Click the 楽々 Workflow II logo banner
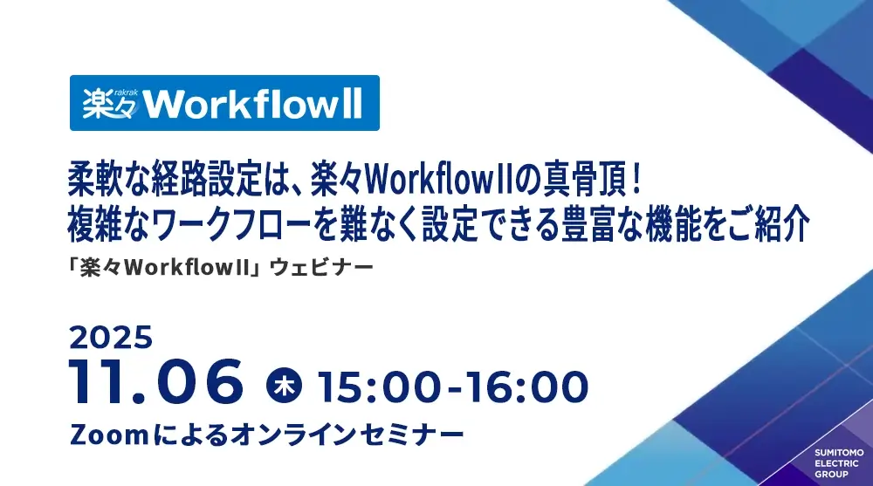click(x=224, y=103)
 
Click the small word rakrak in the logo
click(x=126, y=92)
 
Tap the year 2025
click(x=111, y=338)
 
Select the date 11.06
click(x=156, y=381)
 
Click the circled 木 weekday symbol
click(x=284, y=385)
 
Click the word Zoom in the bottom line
click(x=109, y=435)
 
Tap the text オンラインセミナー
click(x=347, y=435)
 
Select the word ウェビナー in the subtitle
click(x=321, y=268)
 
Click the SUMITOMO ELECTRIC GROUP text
click(x=839, y=463)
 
